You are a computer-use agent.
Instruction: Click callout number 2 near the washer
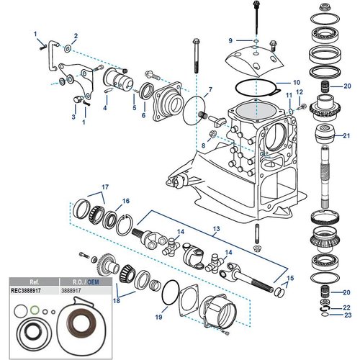(x=76, y=35)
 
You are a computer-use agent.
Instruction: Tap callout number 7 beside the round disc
(x=210, y=91)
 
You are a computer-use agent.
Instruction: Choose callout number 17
(x=104, y=187)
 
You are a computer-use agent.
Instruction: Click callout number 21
(x=346, y=135)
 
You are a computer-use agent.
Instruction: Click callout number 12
(x=300, y=91)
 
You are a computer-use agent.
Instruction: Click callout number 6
(x=143, y=115)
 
